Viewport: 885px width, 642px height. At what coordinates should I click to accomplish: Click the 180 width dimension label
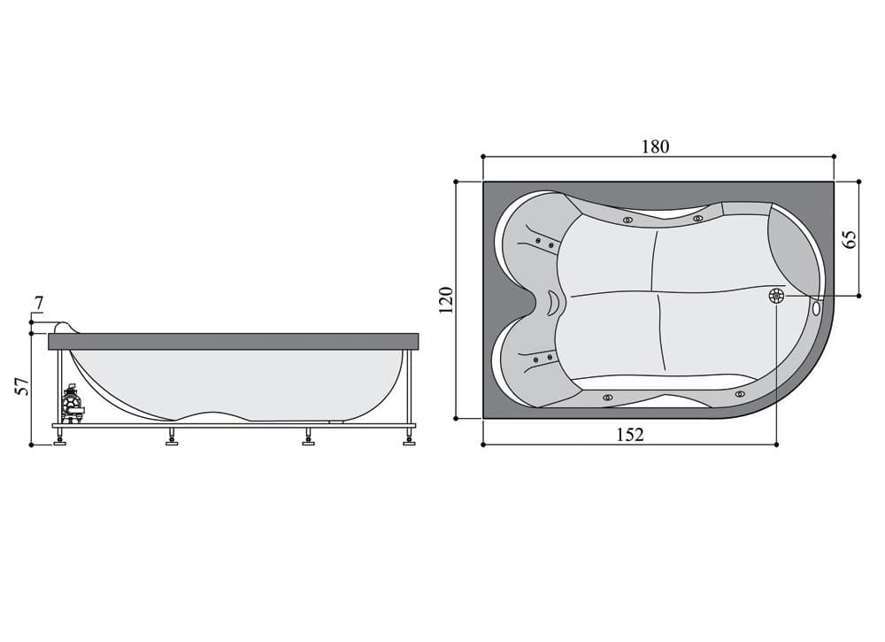[655, 147]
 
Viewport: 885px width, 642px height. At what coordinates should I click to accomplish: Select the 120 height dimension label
[446, 300]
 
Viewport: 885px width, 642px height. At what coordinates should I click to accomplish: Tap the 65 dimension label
[850, 239]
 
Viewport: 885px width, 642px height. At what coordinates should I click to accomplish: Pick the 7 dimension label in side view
[38, 304]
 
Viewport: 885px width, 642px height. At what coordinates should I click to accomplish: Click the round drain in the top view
[777, 295]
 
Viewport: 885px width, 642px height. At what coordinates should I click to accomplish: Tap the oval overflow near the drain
[817, 308]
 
